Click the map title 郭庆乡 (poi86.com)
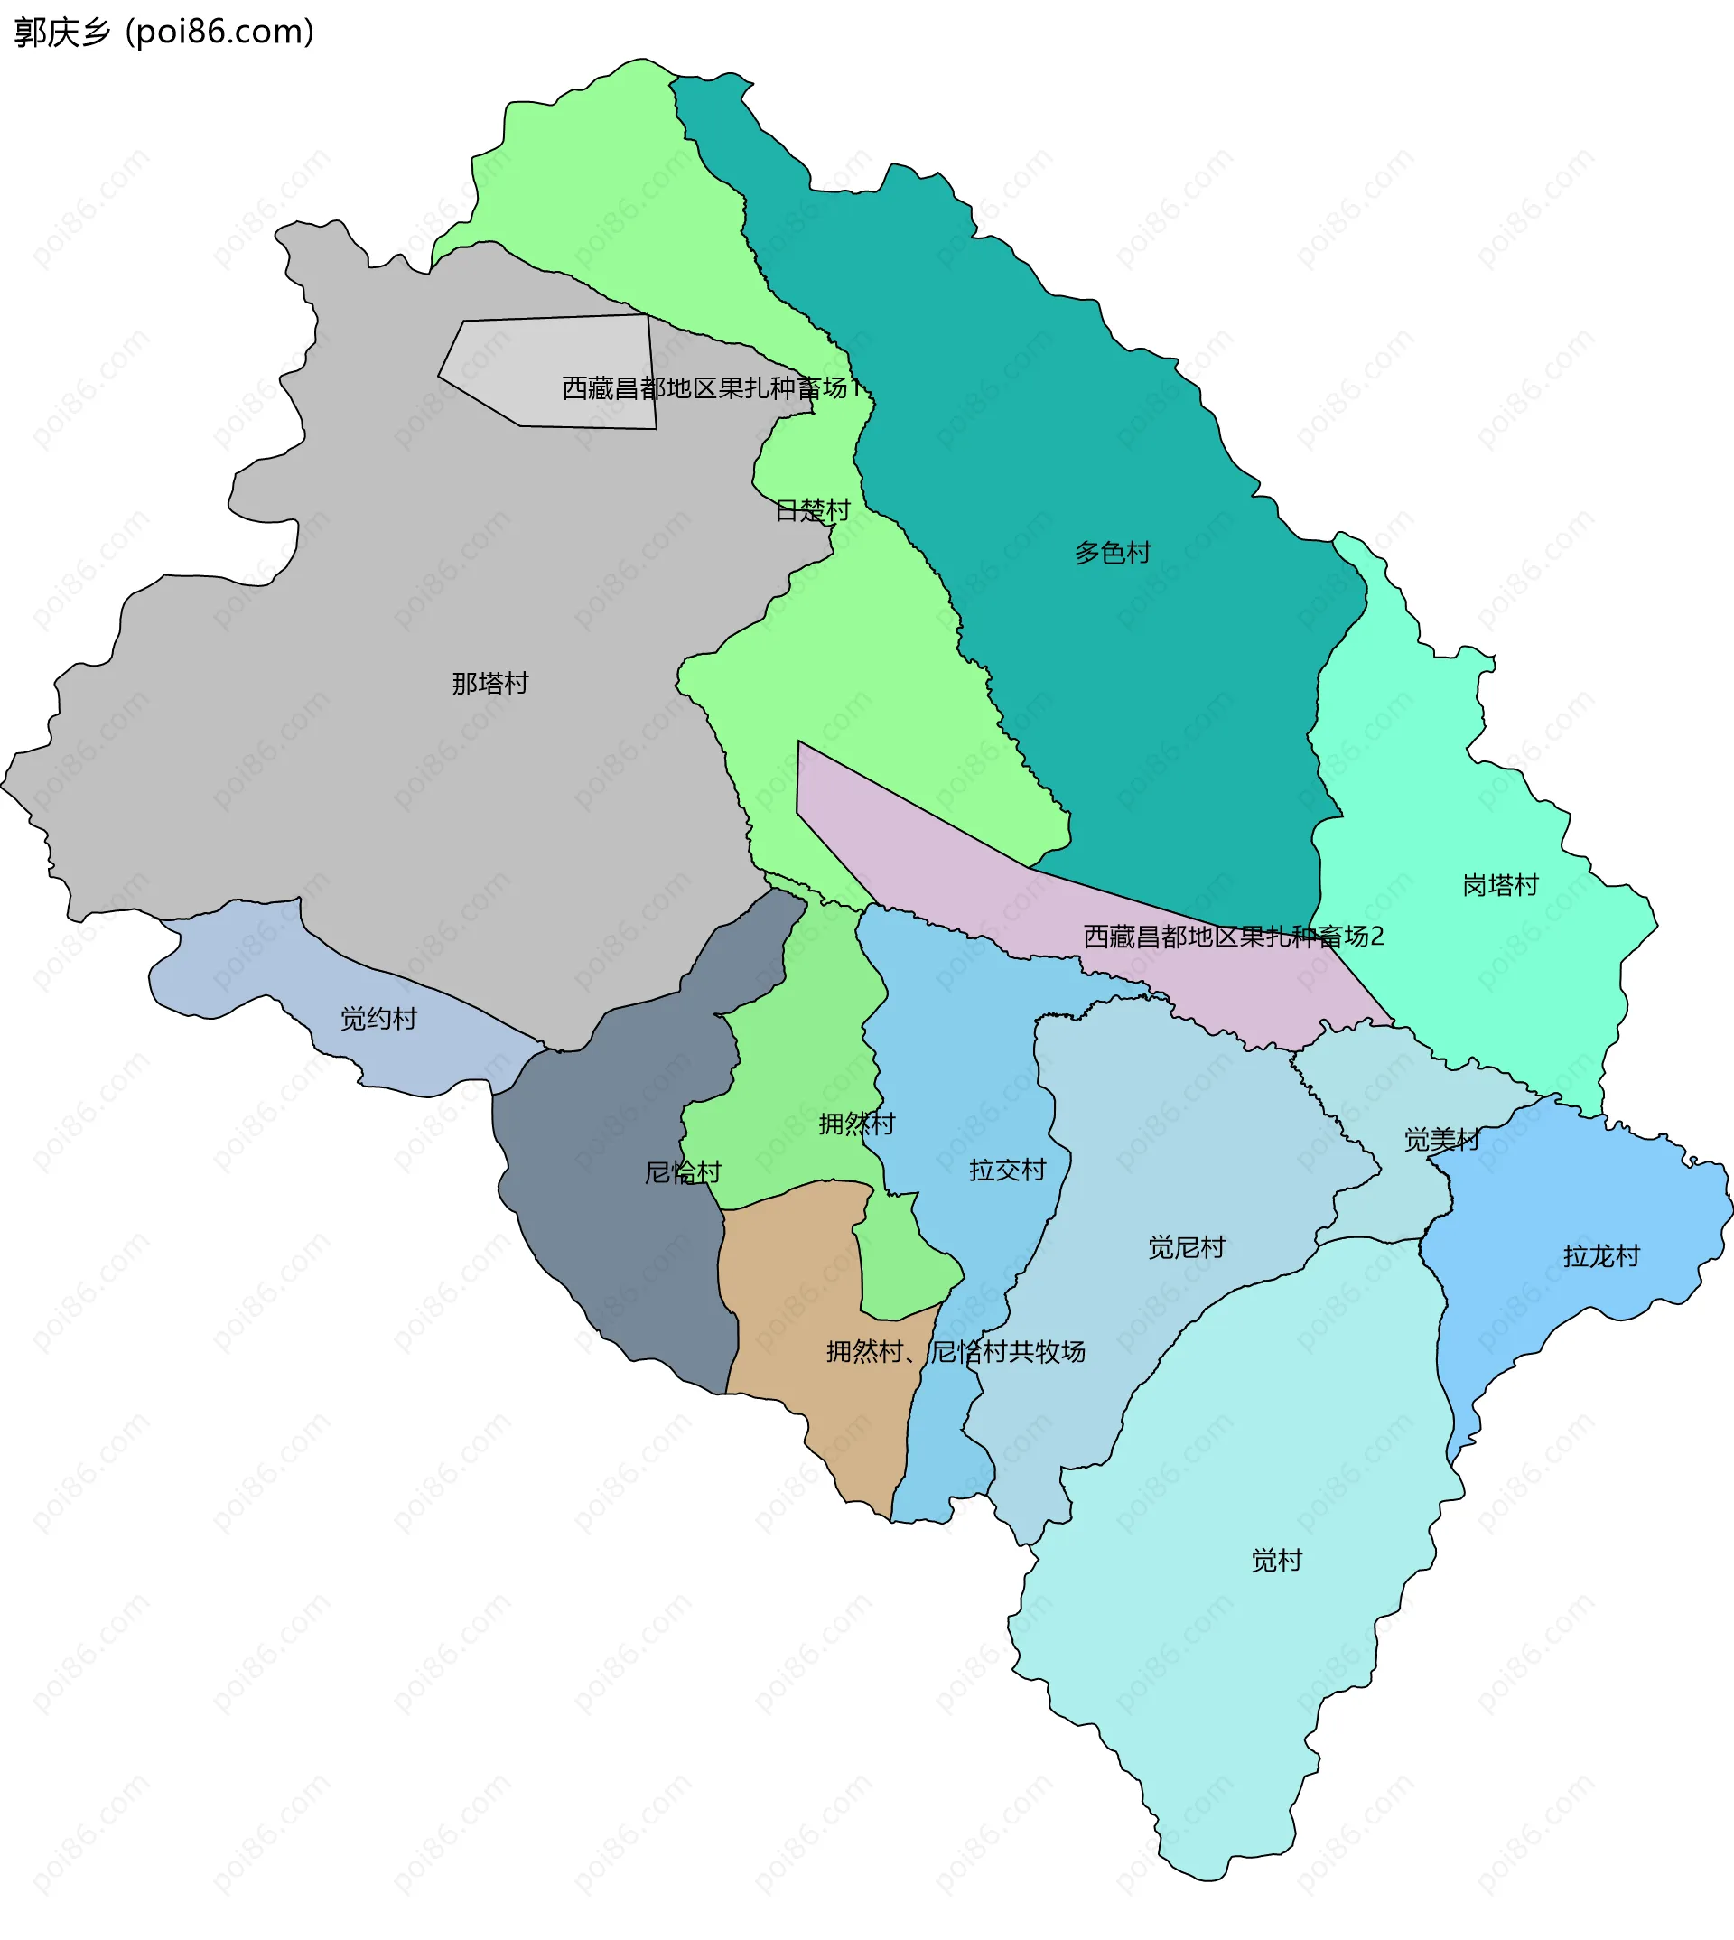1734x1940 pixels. pyautogui.click(x=163, y=33)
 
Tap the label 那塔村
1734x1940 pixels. pyautogui.click(x=489, y=683)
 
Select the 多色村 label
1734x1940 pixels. pyautogui.click(x=1113, y=553)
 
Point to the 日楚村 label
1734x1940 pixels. pyautogui.click(x=812, y=510)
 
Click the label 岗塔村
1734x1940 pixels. pyautogui.click(x=1501, y=885)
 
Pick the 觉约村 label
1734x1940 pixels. pyautogui.click(x=378, y=1019)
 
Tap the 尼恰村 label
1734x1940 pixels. pyautogui.click(x=683, y=1172)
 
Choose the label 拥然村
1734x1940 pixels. pyautogui.click(x=856, y=1124)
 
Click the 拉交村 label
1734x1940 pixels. pyautogui.click(x=1007, y=1171)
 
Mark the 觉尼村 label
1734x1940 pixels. pyautogui.click(x=1186, y=1247)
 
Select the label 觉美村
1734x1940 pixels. pyautogui.click(x=1441, y=1140)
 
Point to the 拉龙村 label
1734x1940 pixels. pyautogui.click(x=1601, y=1256)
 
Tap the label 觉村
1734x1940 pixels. pyautogui.click(x=1277, y=1560)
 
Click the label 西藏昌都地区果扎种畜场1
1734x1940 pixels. pyautogui.click(x=712, y=387)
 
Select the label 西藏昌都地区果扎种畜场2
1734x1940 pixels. pyautogui.click(x=1233, y=937)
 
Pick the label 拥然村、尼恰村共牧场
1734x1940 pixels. pyautogui.click(x=956, y=1351)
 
